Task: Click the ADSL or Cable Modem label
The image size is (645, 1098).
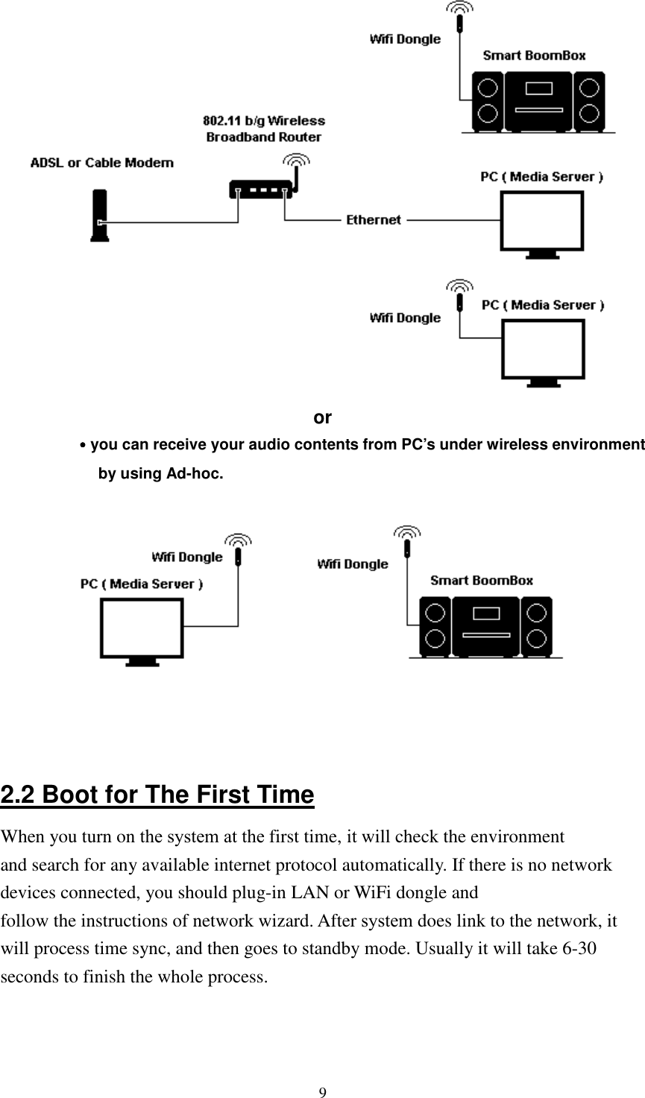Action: (x=102, y=163)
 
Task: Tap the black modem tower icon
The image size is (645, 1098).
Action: (x=98, y=216)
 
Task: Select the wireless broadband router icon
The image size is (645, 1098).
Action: (x=262, y=190)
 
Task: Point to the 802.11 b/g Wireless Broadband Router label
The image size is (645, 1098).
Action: (x=264, y=128)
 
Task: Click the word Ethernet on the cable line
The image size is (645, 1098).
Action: (x=373, y=220)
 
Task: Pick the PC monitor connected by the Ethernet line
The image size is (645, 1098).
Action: (x=541, y=224)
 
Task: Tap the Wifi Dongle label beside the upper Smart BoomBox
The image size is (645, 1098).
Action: (x=405, y=40)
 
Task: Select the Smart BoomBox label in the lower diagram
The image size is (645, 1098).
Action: (x=482, y=580)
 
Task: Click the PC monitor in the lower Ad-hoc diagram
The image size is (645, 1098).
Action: (x=142, y=630)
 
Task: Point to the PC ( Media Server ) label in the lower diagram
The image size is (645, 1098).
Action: (x=142, y=584)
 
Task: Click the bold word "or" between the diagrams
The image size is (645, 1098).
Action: (x=322, y=417)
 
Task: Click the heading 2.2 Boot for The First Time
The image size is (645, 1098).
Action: (x=157, y=795)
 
